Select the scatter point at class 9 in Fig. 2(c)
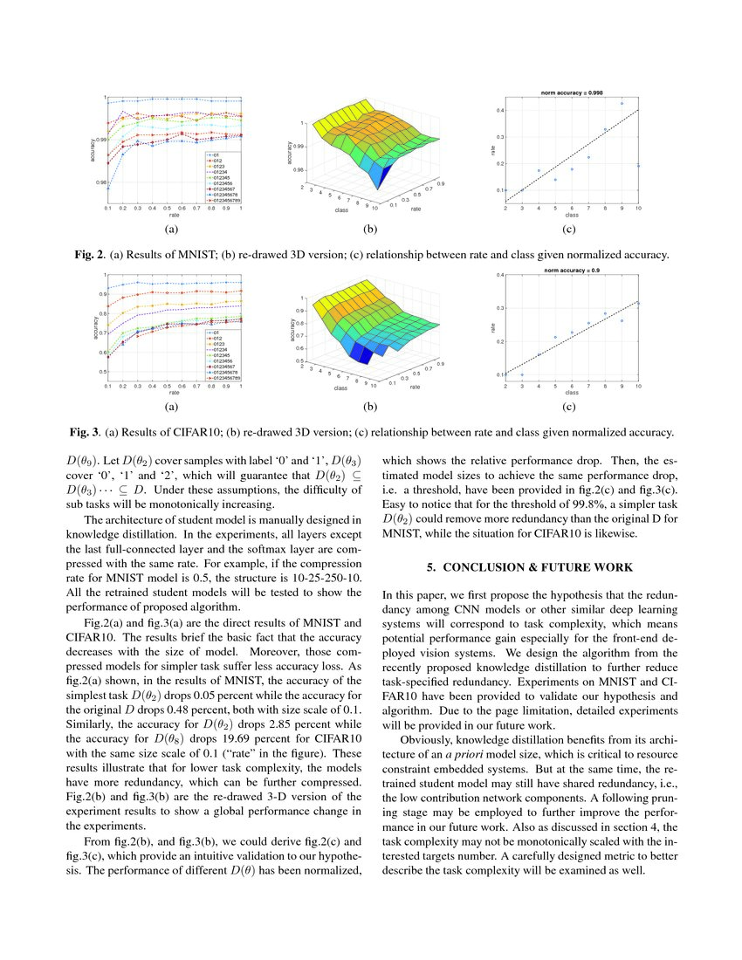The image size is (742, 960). click(x=622, y=103)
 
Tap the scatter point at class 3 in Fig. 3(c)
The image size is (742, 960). click(x=522, y=374)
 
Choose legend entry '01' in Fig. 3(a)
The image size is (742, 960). click(x=212, y=333)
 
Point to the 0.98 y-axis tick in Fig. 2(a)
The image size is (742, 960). click(x=100, y=182)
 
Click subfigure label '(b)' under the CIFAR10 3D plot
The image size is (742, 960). click(x=370, y=407)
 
